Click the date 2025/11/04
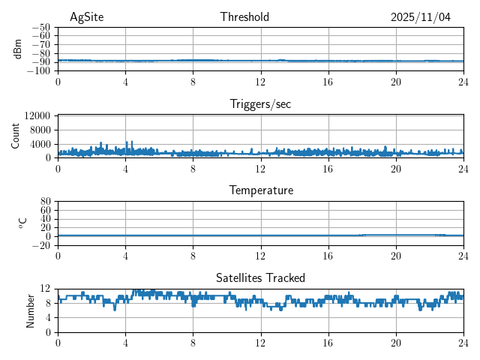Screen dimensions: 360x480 point(421,17)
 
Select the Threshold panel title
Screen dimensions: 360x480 point(244,17)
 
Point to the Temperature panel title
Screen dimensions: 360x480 point(260,190)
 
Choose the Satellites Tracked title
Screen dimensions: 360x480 point(260,278)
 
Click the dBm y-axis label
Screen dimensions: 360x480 point(18,49)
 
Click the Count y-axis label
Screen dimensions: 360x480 point(15,136)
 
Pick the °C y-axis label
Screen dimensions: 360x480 point(22,223)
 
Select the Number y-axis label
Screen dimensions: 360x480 point(30,310)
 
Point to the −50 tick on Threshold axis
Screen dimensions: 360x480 point(40,27)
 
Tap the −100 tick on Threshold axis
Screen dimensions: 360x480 point(38,71)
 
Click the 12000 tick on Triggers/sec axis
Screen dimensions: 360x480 point(37,115)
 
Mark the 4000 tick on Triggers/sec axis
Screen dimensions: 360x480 point(40,144)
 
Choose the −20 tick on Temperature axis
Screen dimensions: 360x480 point(40,245)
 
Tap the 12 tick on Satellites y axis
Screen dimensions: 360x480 point(45,289)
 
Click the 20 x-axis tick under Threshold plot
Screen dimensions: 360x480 point(396,82)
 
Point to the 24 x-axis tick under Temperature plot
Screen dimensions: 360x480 point(463,256)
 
